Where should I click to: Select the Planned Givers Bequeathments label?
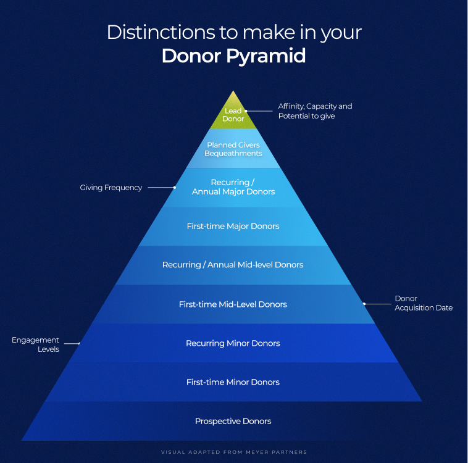tap(233, 149)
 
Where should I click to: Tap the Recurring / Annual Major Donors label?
tap(233, 187)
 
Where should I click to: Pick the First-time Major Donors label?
tap(233, 226)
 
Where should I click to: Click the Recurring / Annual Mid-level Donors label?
tap(233, 265)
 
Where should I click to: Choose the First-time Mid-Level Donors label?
tap(233, 304)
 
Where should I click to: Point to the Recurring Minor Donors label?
tap(233, 343)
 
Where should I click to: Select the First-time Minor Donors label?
tap(233, 382)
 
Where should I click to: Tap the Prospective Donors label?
tap(233, 421)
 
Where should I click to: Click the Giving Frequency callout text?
tap(111, 188)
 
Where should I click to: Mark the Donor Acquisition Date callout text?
tap(424, 303)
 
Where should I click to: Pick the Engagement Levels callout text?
tap(35, 344)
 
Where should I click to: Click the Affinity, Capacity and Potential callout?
tap(315, 111)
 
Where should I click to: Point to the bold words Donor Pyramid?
tap(233, 56)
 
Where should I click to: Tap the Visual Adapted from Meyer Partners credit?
tap(233, 452)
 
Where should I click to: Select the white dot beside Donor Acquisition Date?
tap(364, 304)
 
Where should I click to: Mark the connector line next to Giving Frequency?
tap(162, 187)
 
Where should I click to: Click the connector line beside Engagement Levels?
tap(72, 343)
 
